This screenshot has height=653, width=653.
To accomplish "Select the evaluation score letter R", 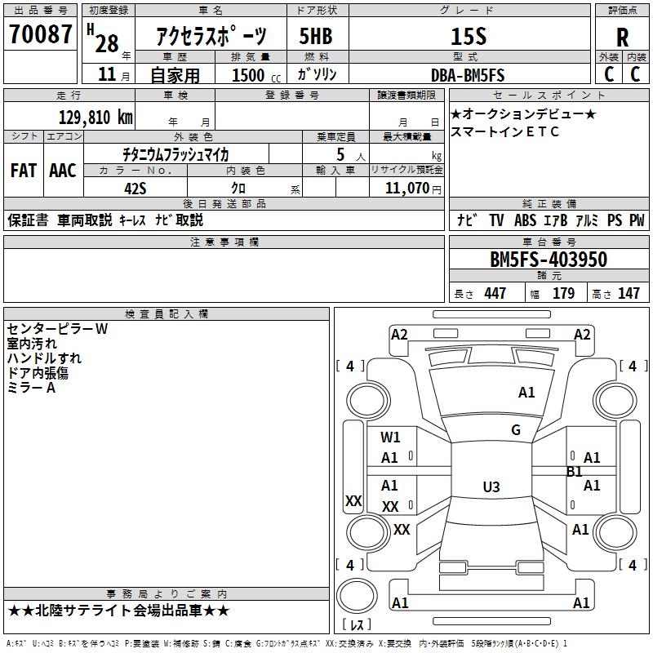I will click(622, 37).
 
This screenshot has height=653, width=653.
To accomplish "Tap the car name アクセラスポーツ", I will click(211, 36).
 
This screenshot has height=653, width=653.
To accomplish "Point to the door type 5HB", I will click(315, 36).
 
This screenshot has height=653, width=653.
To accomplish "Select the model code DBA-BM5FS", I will click(468, 75).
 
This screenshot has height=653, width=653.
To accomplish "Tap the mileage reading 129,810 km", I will click(96, 117).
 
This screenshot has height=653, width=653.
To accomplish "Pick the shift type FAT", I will click(23, 170).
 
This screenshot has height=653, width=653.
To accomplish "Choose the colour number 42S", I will click(135, 187).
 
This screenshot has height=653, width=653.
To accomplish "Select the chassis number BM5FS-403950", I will click(548, 260).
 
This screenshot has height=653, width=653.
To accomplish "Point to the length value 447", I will click(495, 293).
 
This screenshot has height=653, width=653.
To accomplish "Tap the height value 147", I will click(629, 293).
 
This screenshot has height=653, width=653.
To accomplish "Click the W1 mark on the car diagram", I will click(390, 438).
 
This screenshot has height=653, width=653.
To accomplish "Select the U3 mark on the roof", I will click(491, 487).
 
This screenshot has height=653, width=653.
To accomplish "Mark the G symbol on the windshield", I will click(515, 430).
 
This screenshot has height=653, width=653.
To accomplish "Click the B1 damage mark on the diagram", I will click(575, 471).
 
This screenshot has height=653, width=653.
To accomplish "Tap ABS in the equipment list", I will click(525, 220).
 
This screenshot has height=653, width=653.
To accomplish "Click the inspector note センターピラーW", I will click(57, 329).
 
